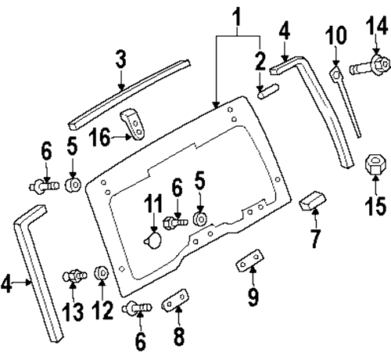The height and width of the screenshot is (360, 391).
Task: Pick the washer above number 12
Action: pos(101,273)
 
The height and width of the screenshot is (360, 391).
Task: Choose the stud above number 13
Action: pos(74,275)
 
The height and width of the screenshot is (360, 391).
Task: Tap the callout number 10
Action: pos(335,36)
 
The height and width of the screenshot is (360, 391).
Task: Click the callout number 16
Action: pos(100,138)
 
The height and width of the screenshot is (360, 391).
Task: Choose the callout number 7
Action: pos(314,238)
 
